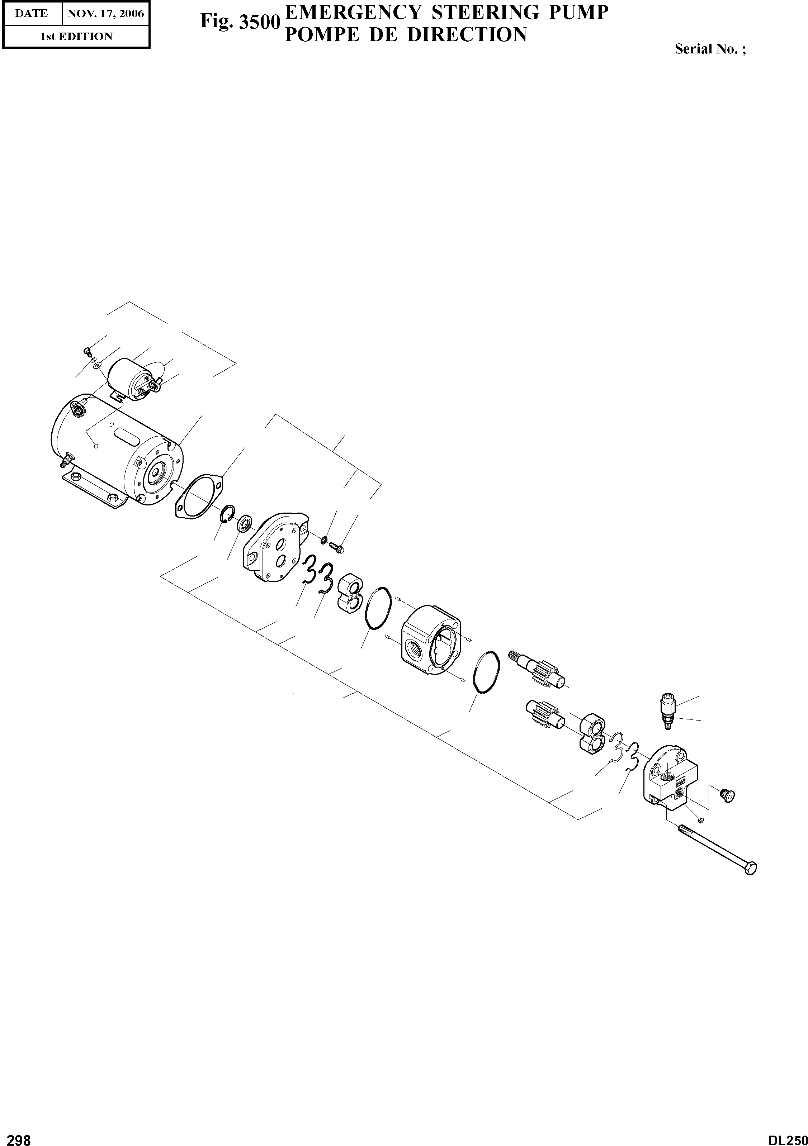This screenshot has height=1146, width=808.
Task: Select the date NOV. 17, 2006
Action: [105, 14]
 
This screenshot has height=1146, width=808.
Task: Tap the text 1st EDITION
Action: [76, 37]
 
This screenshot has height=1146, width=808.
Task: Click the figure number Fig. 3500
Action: [239, 22]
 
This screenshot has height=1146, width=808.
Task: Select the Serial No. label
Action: [710, 49]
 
